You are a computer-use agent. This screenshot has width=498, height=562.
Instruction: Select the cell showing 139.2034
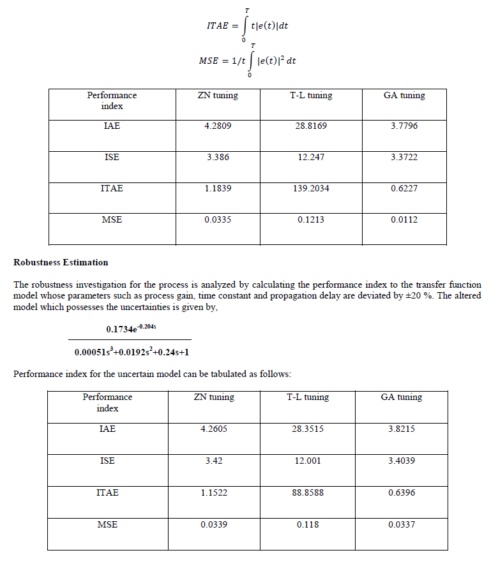(x=312, y=189)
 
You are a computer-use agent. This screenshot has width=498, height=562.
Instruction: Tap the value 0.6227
(x=404, y=189)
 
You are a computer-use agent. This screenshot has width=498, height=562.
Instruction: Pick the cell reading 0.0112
(x=404, y=220)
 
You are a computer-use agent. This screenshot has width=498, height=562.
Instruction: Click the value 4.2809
(x=218, y=126)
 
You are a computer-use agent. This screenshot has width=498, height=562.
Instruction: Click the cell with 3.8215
(x=402, y=429)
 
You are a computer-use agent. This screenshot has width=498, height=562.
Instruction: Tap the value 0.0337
(x=402, y=525)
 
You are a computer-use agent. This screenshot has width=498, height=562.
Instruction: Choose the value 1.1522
(x=214, y=493)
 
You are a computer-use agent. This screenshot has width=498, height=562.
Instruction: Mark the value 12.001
(x=308, y=461)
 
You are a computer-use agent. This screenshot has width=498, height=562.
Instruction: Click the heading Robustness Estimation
(x=61, y=262)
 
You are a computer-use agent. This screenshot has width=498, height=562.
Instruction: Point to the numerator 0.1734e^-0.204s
(x=130, y=329)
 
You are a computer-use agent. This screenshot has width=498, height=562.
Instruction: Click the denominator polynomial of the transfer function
(x=130, y=351)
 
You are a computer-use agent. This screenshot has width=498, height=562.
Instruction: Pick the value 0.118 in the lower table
(x=308, y=525)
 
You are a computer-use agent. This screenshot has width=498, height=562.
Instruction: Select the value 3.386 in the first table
(x=218, y=158)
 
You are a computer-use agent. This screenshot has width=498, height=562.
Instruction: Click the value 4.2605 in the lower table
(x=214, y=429)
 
